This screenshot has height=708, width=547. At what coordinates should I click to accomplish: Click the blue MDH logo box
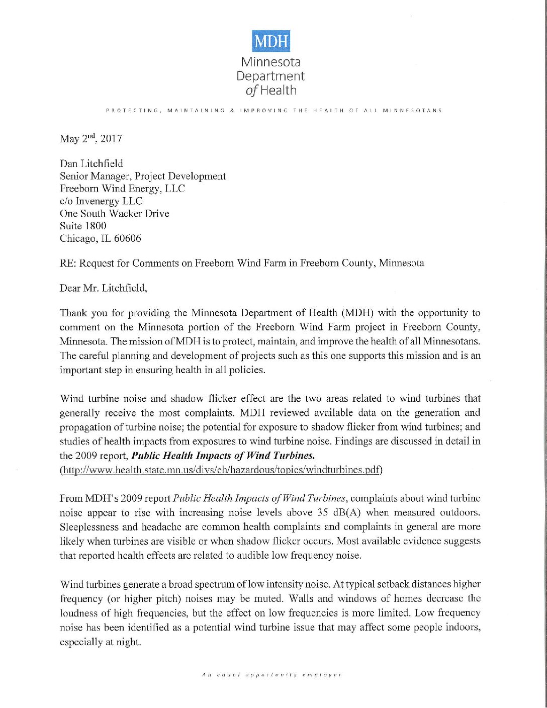(271, 41)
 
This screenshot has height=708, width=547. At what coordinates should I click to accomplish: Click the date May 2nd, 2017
(91, 139)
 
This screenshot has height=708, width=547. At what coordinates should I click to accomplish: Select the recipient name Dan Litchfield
(92, 163)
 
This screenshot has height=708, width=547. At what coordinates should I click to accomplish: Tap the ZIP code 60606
(128, 238)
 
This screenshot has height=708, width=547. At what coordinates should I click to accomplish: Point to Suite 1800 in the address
(83, 226)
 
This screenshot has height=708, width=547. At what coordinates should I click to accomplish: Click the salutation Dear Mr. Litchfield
(104, 288)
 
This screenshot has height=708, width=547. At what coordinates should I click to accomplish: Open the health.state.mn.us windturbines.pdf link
(221, 470)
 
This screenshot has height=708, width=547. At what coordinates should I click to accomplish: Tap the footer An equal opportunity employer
(271, 674)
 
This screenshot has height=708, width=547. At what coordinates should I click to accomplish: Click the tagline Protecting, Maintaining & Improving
(273, 110)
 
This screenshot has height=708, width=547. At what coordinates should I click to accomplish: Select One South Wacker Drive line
(115, 213)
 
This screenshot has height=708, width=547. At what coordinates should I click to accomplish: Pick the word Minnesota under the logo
(271, 62)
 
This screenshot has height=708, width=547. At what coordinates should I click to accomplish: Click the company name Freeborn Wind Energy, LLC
(122, 189)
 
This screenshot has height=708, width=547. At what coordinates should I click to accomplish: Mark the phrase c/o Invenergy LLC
(101, 201)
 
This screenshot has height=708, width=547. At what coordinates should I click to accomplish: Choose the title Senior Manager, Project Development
(143, 176)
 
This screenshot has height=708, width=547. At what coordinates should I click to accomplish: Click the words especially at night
(101, 642)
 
